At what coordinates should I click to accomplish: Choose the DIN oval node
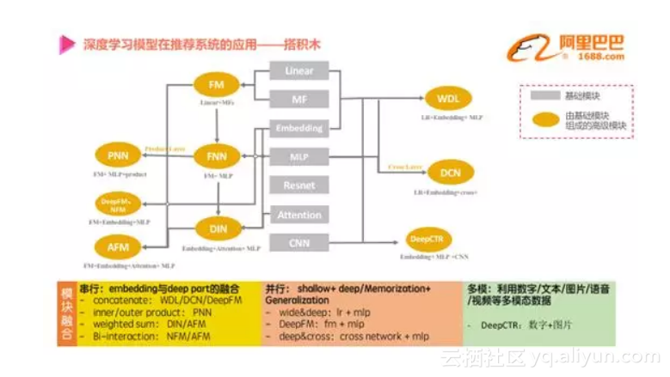click(x=218, y=228)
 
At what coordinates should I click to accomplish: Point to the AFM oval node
click(x=117, y=246)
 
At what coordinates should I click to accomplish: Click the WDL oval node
click(x=448, y=98)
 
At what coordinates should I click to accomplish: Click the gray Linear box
click(x=299, y=71)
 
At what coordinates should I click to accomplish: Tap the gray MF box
click(x=299, y=100)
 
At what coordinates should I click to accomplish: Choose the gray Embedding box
click(x=299, y=128)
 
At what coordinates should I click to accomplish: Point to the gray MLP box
click(x=299, y=156)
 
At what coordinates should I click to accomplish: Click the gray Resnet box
click(x=299, y=185)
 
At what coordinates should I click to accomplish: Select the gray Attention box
click(x=299, y=215)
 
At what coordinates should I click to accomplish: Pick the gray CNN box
click(x=299, y=243)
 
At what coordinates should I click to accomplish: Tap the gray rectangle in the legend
click(x=542, y=94)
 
